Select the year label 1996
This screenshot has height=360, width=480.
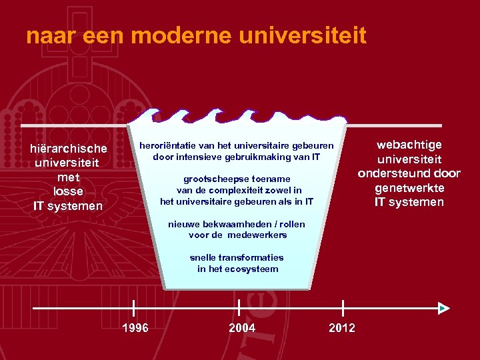[x=135, y=327]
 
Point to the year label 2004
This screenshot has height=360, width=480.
[x=241, y=327]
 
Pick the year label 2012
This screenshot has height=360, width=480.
[x=342, y=327]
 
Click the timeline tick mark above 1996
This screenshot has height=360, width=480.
[x=134, y=308]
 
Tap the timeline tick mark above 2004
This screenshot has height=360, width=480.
[x=239, y=308]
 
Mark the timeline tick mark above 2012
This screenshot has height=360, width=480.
[x=343, y=308]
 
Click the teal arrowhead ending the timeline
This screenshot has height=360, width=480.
[x=444, y=308]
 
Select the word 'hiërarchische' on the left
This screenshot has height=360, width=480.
[x=69, y=148]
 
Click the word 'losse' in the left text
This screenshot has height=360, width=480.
[x=69, y=191]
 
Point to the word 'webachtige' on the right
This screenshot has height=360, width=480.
[x=409, y=145]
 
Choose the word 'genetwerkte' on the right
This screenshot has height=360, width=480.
[x=409, y=188]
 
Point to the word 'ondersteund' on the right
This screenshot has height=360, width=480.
[x=393, y=174]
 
